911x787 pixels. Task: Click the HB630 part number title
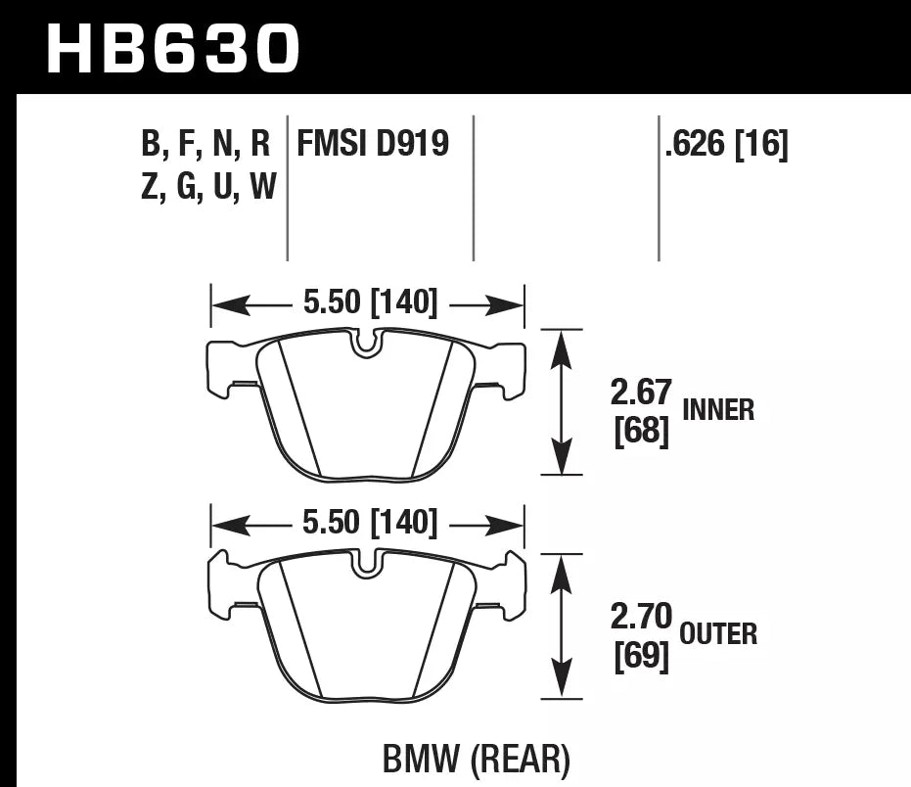172,49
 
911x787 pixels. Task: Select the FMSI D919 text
373,145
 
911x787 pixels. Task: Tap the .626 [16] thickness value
725,145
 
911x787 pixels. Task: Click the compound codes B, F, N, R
205,145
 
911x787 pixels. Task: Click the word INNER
718,410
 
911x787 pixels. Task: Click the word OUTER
718,634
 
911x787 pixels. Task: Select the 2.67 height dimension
640,393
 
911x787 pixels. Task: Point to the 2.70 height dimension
641,617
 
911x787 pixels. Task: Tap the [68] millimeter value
641,432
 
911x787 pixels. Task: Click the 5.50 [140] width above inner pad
369,303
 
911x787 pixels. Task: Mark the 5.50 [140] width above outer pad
369,523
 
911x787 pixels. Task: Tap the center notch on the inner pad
366,344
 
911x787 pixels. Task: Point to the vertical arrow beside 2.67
561,402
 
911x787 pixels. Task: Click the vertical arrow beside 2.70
561,626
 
